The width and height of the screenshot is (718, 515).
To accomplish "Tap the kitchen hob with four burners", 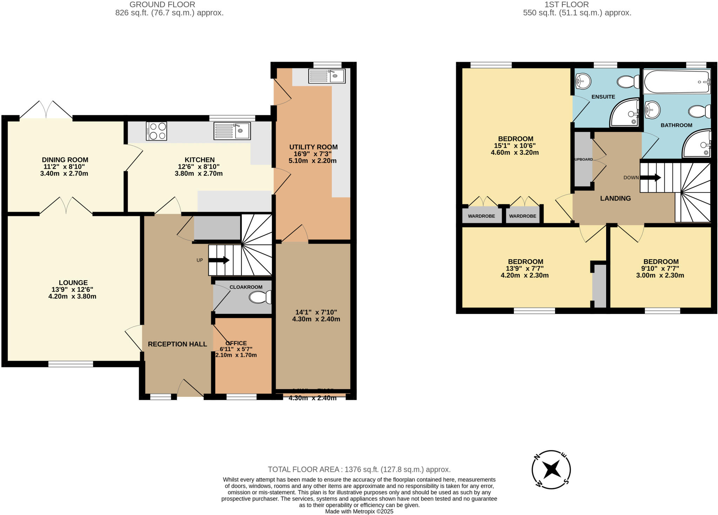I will click(156, 131).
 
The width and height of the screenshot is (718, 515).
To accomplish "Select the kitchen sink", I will click(232, 131).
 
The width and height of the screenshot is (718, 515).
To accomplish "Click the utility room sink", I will click(327, 76).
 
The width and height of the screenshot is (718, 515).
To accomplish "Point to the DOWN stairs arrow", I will click(650, 178).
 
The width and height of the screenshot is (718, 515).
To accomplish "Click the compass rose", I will click(551, 469).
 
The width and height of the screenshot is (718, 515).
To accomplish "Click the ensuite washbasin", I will click(583, 81).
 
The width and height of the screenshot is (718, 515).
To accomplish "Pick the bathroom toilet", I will click(699, 112).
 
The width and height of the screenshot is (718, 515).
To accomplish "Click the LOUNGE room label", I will click(73, 283).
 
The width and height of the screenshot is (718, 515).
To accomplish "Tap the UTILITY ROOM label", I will click(313, 147).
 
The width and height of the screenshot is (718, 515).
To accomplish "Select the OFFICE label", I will click(236, 343).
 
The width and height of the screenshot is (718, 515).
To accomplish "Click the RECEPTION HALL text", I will click(177, 344).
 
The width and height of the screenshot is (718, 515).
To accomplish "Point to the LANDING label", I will click(615, 199).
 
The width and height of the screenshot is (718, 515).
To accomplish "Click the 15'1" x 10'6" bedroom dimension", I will click(515, 146).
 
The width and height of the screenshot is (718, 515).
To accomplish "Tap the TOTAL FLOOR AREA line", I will click(359, 469).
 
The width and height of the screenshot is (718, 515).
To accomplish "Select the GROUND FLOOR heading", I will click(162, 5).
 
